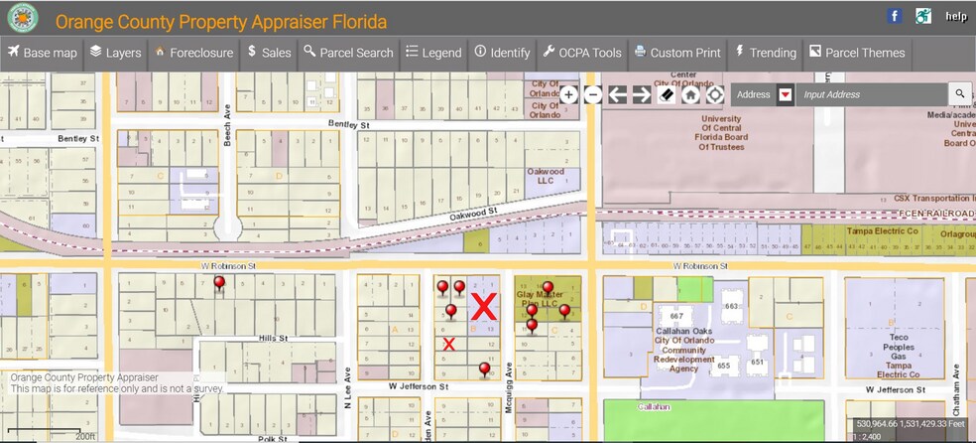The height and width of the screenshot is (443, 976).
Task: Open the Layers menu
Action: click(115, 53)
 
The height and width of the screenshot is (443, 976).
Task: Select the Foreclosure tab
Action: click(193, 53)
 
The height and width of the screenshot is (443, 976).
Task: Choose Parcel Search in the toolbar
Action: click(348, 53)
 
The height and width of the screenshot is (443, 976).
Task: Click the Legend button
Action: click(433, 53)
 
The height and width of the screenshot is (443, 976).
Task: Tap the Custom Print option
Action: click(677, 53)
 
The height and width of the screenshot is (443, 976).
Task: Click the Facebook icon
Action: click(895, 16)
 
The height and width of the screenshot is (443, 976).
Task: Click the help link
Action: click(955, 17)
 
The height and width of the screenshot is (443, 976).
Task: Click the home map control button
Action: click(690, 94)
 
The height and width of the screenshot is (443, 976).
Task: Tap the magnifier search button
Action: click(959, 94)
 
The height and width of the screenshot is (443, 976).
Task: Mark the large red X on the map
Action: click(483, 307)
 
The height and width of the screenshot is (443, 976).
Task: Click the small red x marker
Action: click(448, 345)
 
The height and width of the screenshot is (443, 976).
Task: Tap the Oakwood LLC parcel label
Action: click(545, 176)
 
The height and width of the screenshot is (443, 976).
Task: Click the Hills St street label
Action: click(267, 338)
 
